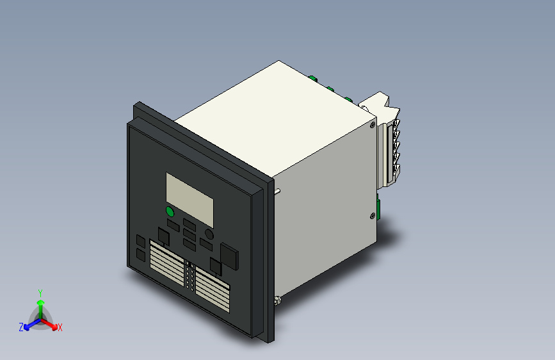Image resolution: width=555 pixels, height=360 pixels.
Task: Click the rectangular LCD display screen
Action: [189, 196]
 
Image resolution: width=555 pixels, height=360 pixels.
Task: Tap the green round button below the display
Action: [170, 211]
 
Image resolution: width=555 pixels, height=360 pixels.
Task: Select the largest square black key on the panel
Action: [229, 256]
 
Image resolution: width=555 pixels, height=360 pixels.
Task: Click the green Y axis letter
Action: [40, 292]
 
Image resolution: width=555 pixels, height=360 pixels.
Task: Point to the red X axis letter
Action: [60, 327]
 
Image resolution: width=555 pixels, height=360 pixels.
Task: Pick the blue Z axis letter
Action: [21, 327]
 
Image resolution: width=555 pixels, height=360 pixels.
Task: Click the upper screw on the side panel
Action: [373, 126]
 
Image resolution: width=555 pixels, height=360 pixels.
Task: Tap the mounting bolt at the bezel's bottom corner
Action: [277, 300]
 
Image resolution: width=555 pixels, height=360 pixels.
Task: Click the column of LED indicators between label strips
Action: [190, 276]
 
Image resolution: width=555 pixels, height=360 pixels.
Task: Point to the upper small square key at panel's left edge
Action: [141, 241]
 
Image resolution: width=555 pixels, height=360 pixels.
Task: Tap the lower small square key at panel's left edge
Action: [141, 255]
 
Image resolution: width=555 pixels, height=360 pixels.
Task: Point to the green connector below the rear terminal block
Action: [379, 209]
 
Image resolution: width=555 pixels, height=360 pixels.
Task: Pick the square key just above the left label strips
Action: [164, 237]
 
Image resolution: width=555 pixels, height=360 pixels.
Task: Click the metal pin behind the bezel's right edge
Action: [279, 190]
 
